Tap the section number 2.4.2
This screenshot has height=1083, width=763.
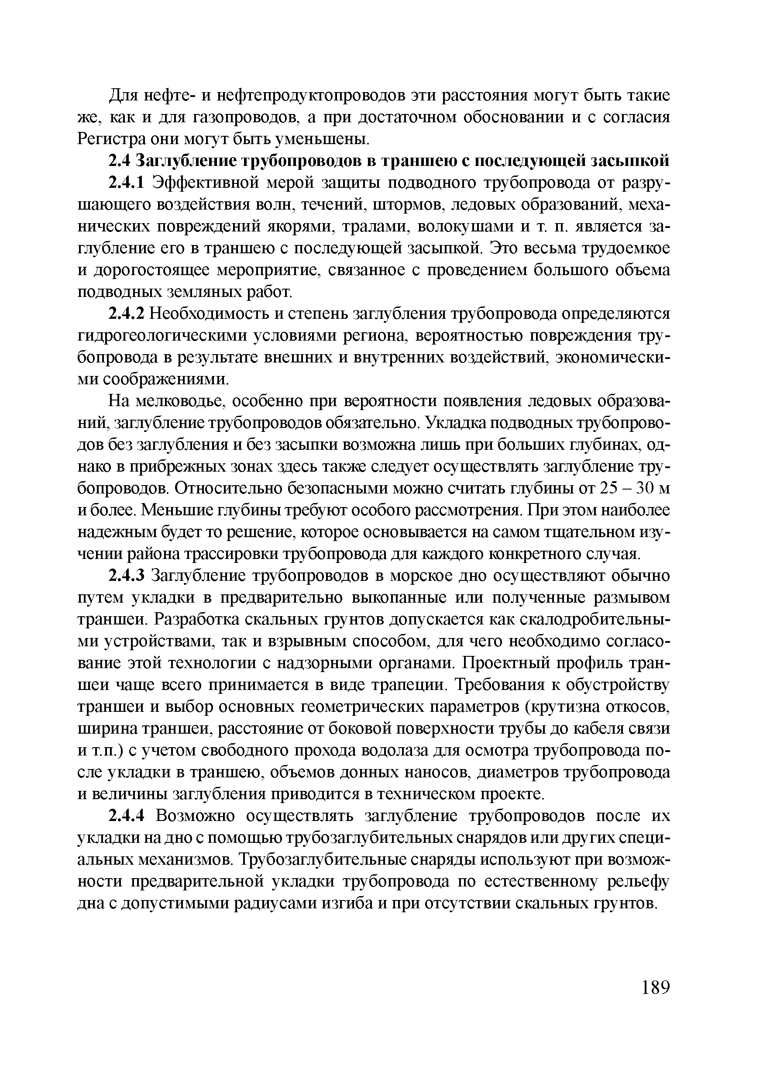tap(129, 314)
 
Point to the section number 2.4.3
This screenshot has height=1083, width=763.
tap(129, 576)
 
